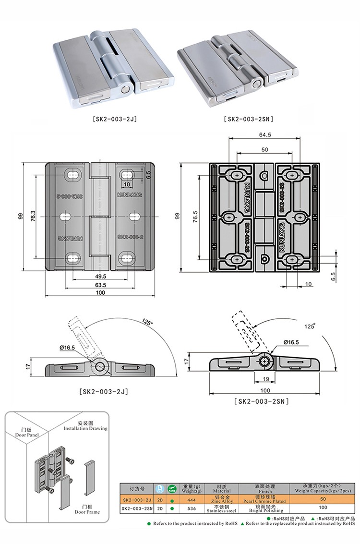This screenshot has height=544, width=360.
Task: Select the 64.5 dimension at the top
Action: [264, 135]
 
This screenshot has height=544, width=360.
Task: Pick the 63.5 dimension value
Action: [100, 285]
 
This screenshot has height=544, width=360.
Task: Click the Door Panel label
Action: [26, 432]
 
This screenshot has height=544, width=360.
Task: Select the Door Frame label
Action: [87, 509]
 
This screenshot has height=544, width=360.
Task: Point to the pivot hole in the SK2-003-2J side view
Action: [100, 366]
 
